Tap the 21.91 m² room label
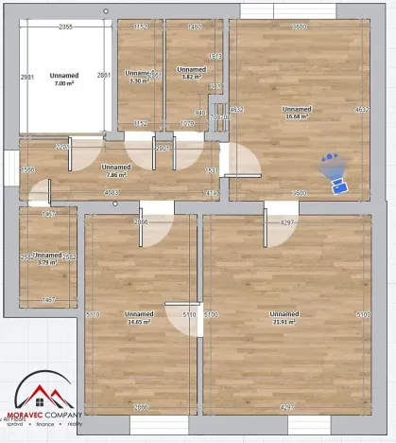pos(283,322)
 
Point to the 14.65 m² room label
pos(139,322)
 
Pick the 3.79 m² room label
pos(47,262)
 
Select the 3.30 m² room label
pos(139,80)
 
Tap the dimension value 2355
pos(66,27)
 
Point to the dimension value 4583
pos(112,193)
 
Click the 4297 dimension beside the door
pos(287,221)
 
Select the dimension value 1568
pos(28,170)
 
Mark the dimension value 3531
pos(212,170)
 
